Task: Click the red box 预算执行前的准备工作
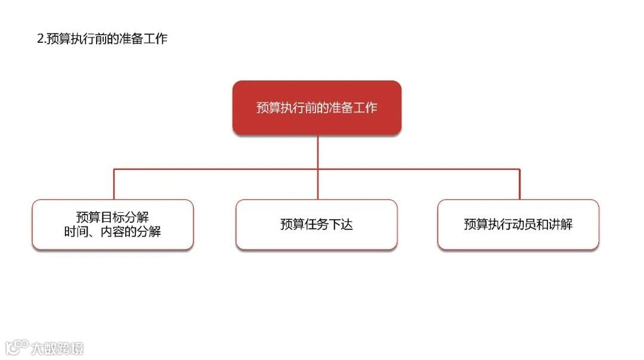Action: pyautogui.click(x=317, y=107)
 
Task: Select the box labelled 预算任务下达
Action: pyautogui.click(x=317, y=224)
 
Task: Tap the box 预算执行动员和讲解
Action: pyautogui.click(x=518, y=224)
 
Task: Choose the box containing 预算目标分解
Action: pyautogui.click(x=113, y=224)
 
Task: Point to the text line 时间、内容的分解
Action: pyautogui.click(x=113, y=232)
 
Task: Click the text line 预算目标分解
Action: pyautogui.click(x=113, y=217)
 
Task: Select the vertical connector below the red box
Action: pyautogui.click(x=318, y=152)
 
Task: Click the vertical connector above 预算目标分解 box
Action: pyautogui.click(x=114, y=184)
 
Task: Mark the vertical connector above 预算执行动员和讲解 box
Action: pyautogui.click(x=519, y=184)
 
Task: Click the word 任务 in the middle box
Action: pyautogui.click(x=317, y=225)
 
